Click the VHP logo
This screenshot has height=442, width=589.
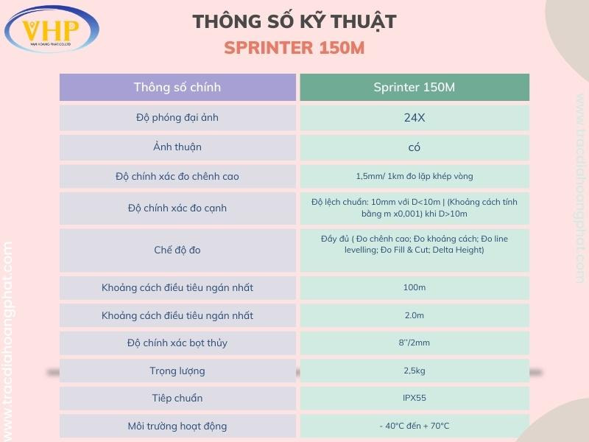pos(52,29)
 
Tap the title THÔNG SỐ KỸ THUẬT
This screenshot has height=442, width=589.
pos(294,22)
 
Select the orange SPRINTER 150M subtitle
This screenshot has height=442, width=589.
pos(294,49)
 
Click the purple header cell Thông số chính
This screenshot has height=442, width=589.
pos(177,87)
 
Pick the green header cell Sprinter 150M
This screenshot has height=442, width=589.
pos(415,87)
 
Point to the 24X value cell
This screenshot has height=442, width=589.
pos(415,117)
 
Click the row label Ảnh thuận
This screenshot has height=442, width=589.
pos(177,147)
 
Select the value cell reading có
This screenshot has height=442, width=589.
pos(415,147)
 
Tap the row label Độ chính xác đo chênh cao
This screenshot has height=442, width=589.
pos(177,176)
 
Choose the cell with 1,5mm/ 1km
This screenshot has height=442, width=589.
pos(415,176)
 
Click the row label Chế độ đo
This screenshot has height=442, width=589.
pos(177,250)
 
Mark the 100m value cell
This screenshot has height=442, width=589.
pos(415,287)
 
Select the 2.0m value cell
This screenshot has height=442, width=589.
pos(415,315)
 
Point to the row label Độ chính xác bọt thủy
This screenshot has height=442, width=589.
pos(177,343)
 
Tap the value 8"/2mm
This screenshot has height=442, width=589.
pos(415,343)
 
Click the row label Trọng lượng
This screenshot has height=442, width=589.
pos(177,371)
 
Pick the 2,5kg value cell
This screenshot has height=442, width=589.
pos(415,371)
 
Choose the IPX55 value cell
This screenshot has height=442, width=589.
pos(415,398)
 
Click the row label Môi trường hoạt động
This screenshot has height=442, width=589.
pos(177,426)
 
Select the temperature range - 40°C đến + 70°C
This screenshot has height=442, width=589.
pos(415,426)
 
